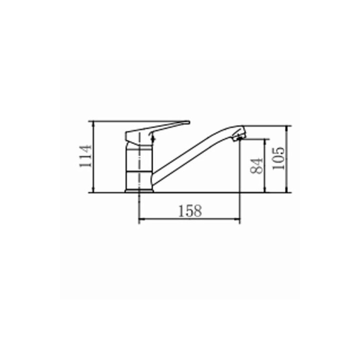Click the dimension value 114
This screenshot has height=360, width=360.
(x=85, y=156)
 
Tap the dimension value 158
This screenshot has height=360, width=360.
(x=190, y=211)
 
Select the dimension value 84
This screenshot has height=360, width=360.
(x=256, y=166)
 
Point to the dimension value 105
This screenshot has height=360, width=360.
(x=278, y=158)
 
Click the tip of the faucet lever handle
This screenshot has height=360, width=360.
(x=188, y=122)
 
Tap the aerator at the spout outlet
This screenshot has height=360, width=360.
(x=239, y=137)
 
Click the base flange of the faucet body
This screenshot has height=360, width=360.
(x=139, y=191)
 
